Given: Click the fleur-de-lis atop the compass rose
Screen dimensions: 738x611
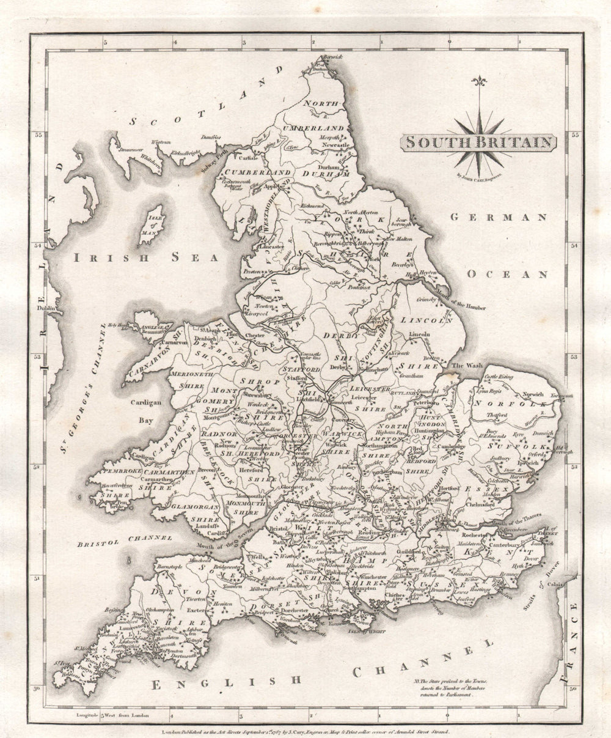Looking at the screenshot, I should coord(479,82).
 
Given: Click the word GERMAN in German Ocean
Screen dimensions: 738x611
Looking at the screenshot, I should coord(498,217).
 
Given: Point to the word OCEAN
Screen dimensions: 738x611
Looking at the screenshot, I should coord(507,274).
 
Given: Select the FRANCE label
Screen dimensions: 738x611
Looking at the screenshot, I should coord(573,642).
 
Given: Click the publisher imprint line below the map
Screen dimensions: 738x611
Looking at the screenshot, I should coord(304,731).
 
